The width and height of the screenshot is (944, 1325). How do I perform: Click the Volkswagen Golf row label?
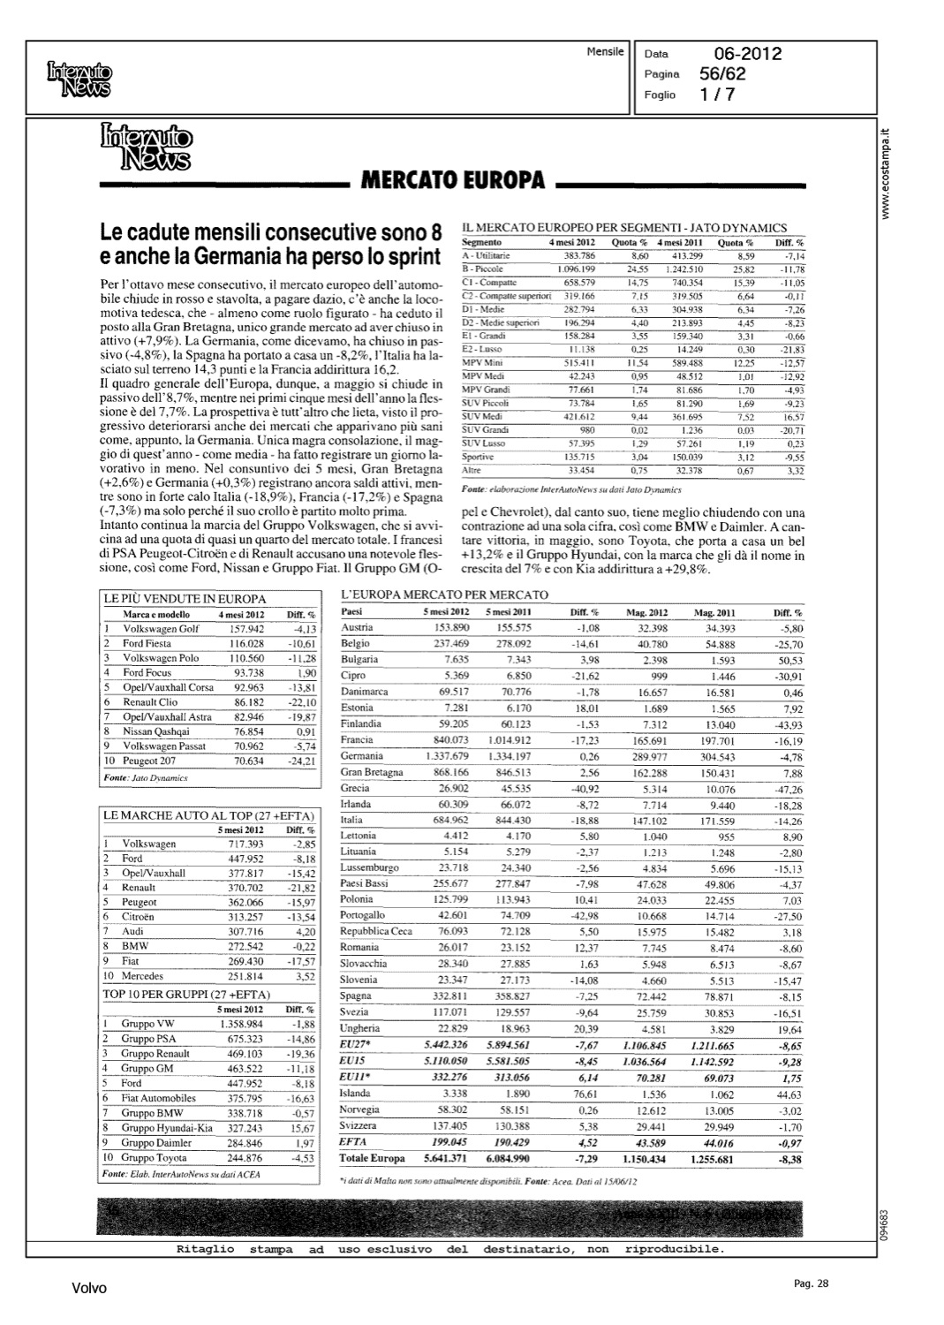click(161, 629)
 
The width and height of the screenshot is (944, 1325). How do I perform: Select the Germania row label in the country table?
click(362, 756)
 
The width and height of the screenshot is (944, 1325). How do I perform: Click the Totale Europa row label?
click(372, 1158)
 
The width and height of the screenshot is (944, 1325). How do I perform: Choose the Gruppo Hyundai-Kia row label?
click(166, 1128)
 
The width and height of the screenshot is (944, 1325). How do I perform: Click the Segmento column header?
click(482, 242)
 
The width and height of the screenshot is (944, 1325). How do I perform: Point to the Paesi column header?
click(351, 611)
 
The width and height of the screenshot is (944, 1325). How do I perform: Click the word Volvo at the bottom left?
click(89, 1289)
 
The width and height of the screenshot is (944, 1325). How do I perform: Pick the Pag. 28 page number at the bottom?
click(810, 1283)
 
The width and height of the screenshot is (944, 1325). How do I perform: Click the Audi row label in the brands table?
click(134, 931)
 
